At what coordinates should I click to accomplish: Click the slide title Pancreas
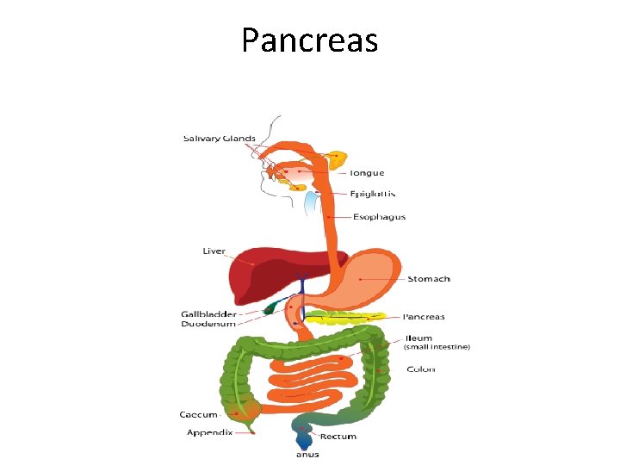(x=309, y=40)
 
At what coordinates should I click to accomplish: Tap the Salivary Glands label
(x=219, y=139)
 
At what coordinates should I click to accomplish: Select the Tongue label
(x=367, y=173)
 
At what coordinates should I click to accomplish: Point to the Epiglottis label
(x=372, y=194)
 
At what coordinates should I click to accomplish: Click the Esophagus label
(x=379, y=217)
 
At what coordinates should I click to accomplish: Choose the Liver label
(x=214, y=251)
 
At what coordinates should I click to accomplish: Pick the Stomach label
(x=428, y=279)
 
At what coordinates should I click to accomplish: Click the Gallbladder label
(x=208, y=313)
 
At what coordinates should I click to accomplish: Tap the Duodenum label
(x=208, y=325)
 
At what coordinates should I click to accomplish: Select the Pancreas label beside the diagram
(x=424, y=317)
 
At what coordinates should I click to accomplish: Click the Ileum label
(x=419, y=338)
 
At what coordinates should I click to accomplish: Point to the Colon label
(x=421, y=369)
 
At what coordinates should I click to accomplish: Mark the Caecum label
(x=198, y=415)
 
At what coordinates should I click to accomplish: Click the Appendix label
(x=209, y=432)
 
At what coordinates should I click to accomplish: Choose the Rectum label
(x=339, y=437)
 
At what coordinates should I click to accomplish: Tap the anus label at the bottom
(x=307, y=454)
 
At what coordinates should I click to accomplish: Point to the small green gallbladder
(x=273, y=306)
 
